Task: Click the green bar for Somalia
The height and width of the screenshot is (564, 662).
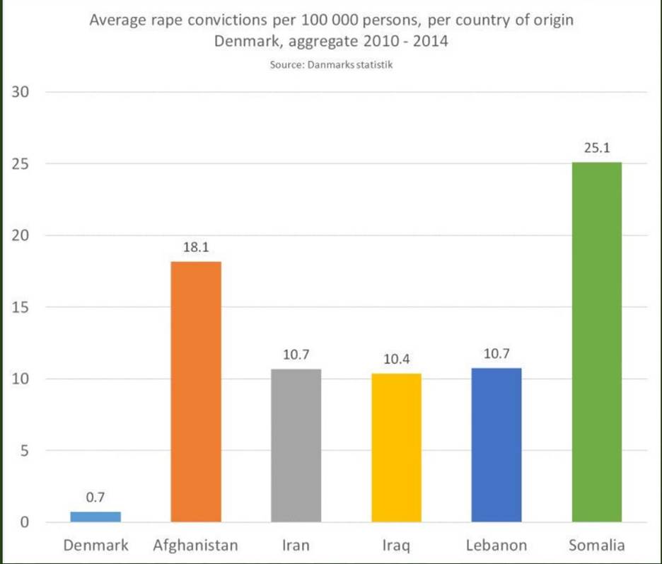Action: click(596, 343)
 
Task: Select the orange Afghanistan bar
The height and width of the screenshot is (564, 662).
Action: click(196, 392)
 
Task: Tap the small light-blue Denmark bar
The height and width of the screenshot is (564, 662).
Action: click(95, 517)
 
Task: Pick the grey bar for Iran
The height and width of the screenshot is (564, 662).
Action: click(296, 446)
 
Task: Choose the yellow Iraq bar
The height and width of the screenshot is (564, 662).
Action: click(396, 447)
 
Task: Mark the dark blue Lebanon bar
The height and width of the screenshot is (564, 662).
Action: click(496, 445)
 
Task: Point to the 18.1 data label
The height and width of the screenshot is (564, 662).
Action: click(196, 248)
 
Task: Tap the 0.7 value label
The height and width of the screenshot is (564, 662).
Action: click(95, 498)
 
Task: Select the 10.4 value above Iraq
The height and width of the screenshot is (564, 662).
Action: click(396, 359)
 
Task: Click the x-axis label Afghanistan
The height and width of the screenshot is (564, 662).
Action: click(196, 546)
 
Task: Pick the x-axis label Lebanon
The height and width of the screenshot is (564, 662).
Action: click(497, 546)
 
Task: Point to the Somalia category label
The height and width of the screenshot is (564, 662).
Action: click(596, 546)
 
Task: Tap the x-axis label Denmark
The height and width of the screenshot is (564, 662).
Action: click(95, 546)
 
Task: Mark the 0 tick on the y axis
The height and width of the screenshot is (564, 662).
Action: click(25, 523)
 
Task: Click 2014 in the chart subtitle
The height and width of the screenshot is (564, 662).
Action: click(431, 41)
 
